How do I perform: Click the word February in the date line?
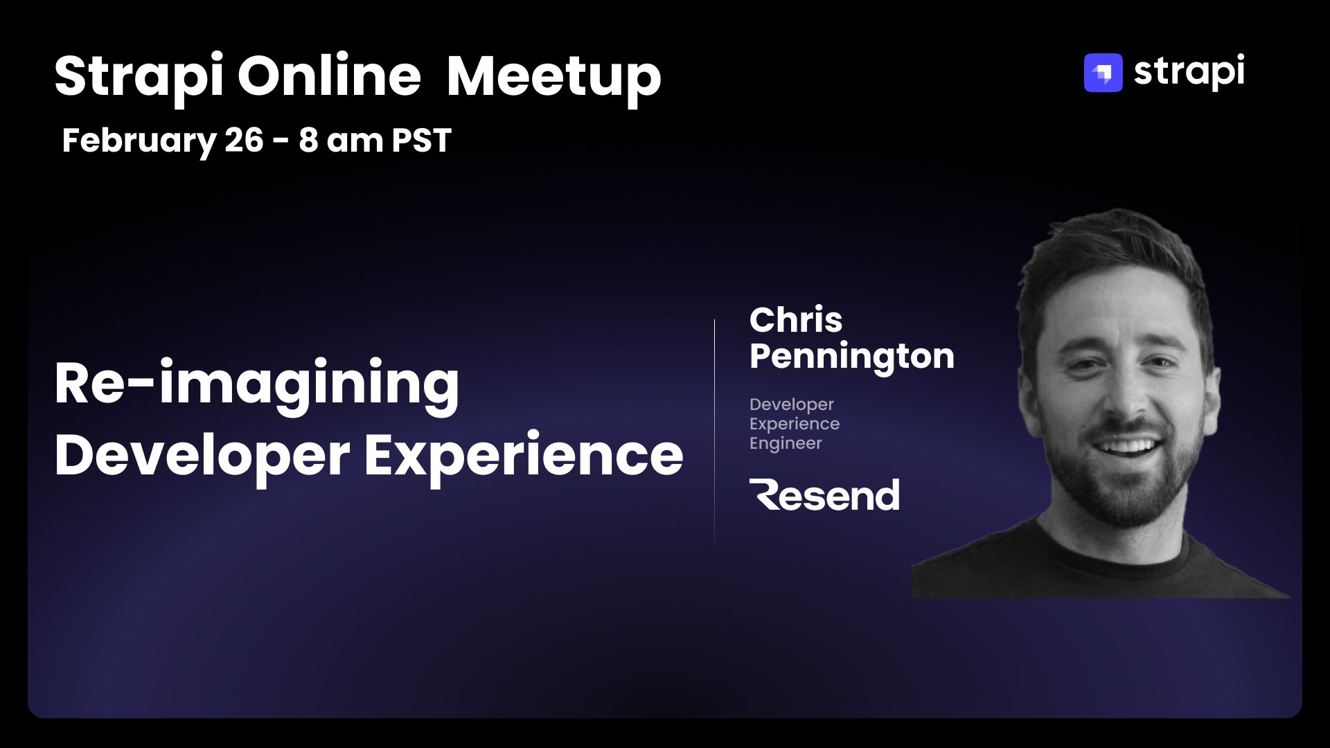pyautogui.click(x=139, y=141)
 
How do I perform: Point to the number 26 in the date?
pyautogui.click(x=245, y=140)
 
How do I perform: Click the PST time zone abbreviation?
pyautogui.click(x=421, y=140)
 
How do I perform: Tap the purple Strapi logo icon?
pyautogui.click(x=1103, y=73)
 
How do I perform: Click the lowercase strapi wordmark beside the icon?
pyautogui.click(x=1189, y=72)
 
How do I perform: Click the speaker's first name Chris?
pyautogui.click(x=796, y=320)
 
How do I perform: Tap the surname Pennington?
pyautogui.click(x=852, y=357)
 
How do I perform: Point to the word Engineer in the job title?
pyautogui.click(x=786, y=444)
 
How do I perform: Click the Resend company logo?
pyautogui.click(x=824, y=495)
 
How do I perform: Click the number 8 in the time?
pyautogui.click(x=308, y=140)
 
